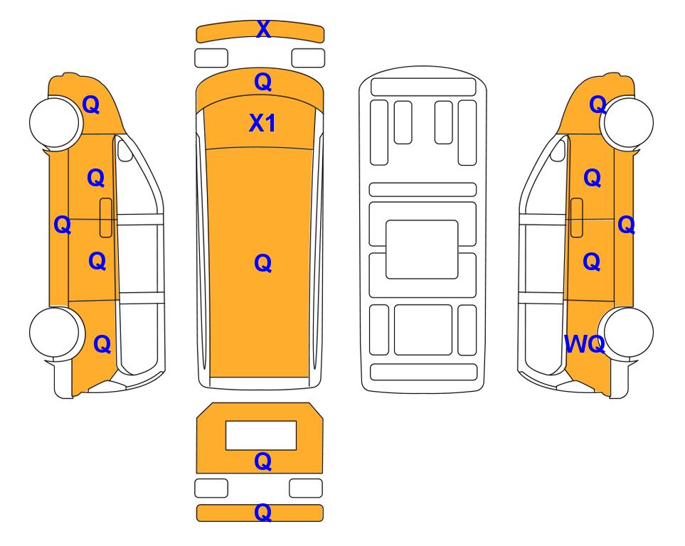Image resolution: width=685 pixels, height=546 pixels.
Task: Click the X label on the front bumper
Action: pyautogui.click(x=263, y=29)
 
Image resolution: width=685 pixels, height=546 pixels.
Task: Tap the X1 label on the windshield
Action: pyautogui.click(x=262, y=123)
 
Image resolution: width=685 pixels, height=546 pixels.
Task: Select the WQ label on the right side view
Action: pyautogui.click(x=585, y=344)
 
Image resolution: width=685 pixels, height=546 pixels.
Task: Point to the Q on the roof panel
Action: pyautogui.click(x=263, y=263)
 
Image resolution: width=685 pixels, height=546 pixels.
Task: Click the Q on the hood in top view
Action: pyautogui.click(x=263, y=82)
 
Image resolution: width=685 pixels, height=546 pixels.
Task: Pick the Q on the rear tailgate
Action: pyautogui.click(x=263, y=461)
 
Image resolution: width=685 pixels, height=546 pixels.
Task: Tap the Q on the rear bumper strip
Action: pyautogui.click(x=263, y=512)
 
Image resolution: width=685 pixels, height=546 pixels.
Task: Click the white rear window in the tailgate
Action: pyautogui.click(x=261, y=435)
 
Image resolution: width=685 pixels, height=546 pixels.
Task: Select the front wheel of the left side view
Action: pyautogui.click(x=55, y=122)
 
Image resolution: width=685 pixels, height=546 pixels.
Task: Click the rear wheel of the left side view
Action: pyautogui.click(x=55, y=332)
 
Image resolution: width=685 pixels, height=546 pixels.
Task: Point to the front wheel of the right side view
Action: pyautogui.click(x=628, y=122)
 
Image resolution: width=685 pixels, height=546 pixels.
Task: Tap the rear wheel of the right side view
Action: pyautogui.click(x=628, y=332)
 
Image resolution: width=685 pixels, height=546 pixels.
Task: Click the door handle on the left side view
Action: pyautogui.click(x=106, y=218)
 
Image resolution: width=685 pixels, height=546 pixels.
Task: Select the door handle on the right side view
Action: pyautogui.click(x=577, y=218)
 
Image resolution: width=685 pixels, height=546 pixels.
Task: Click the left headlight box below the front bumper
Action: pyautogui.click(x=211, y=58)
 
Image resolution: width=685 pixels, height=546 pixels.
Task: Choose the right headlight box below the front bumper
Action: pyautogui.click(x=308, y=58)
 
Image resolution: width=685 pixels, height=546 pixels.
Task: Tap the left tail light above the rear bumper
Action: pyautogui.click(x=211, y=488)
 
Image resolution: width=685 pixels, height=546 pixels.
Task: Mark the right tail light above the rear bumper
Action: pyautogui.click(x=306, y=488)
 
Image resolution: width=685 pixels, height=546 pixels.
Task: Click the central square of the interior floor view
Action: pyautogui.click(x=422, y=250)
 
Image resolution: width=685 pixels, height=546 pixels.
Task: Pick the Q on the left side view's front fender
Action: pyautogui.click(x=91, y=105)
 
